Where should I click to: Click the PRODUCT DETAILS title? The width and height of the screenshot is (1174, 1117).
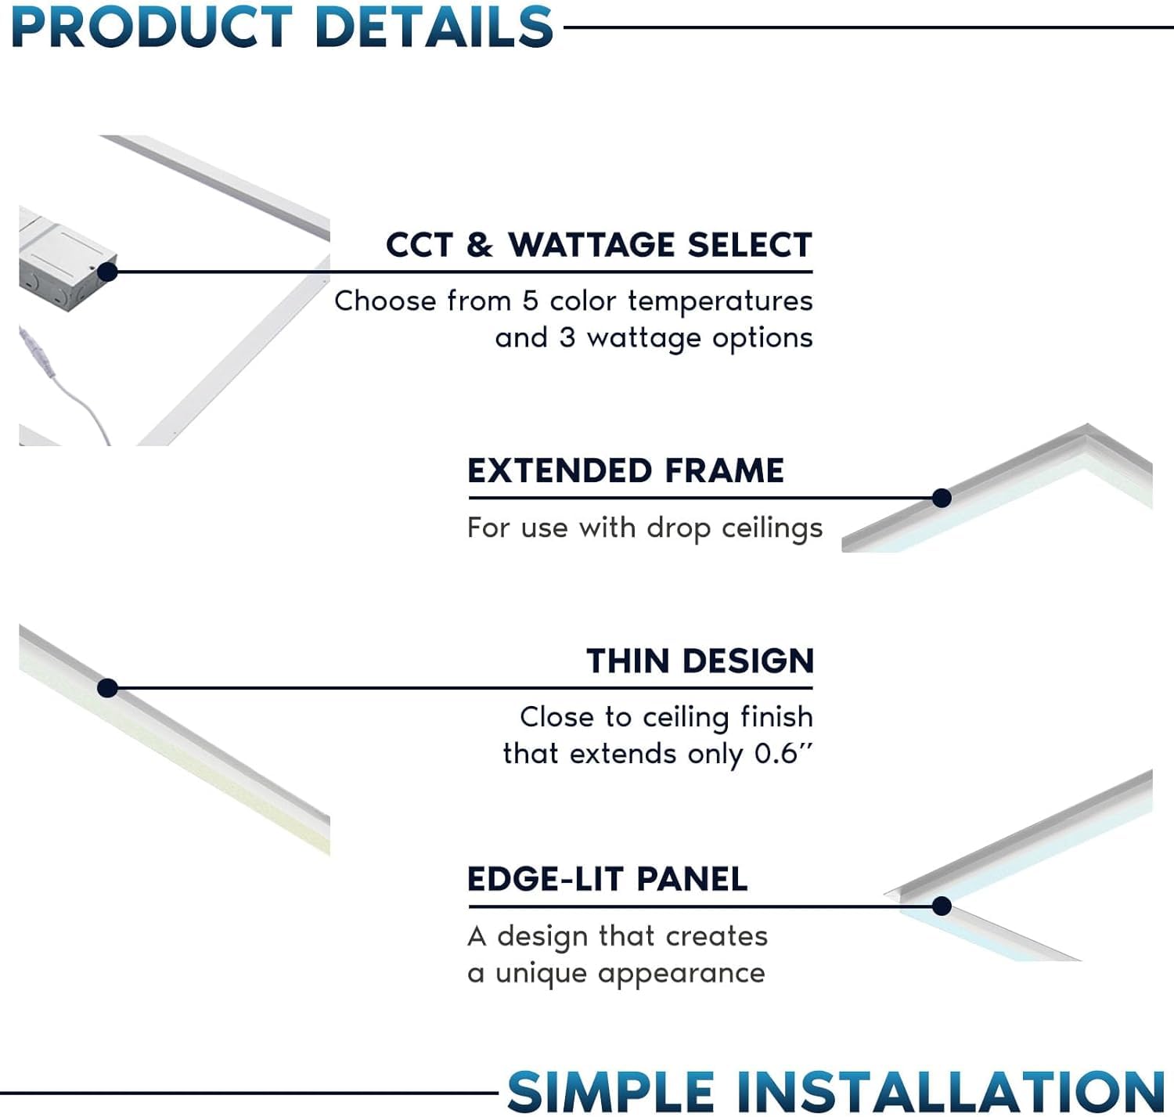[x=282, y=27]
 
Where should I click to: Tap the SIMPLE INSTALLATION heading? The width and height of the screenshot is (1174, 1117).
[x=836, y=1090]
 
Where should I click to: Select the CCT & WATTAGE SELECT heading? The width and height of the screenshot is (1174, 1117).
[x=599, y=245]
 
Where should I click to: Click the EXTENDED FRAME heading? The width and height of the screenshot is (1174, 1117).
[x=625, y=471]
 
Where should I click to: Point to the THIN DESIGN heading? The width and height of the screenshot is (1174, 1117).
[x=700, y=661]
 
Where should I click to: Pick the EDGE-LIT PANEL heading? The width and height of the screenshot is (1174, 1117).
[x=607, y=879]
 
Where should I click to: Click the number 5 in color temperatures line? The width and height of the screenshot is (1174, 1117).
[x=530, y=301]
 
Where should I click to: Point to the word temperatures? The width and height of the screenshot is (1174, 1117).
[x=720, y=301]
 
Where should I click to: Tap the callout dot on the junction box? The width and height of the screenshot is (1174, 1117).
[x=108, y=272]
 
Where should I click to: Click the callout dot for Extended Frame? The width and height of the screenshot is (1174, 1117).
[x=942, y=498]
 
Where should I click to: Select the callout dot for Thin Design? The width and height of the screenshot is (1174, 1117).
[x=108, y=688]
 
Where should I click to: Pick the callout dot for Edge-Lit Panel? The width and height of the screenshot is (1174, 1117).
[x=942, y=906]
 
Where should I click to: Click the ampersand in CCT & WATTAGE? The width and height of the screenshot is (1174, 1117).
[x=480, y=246]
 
